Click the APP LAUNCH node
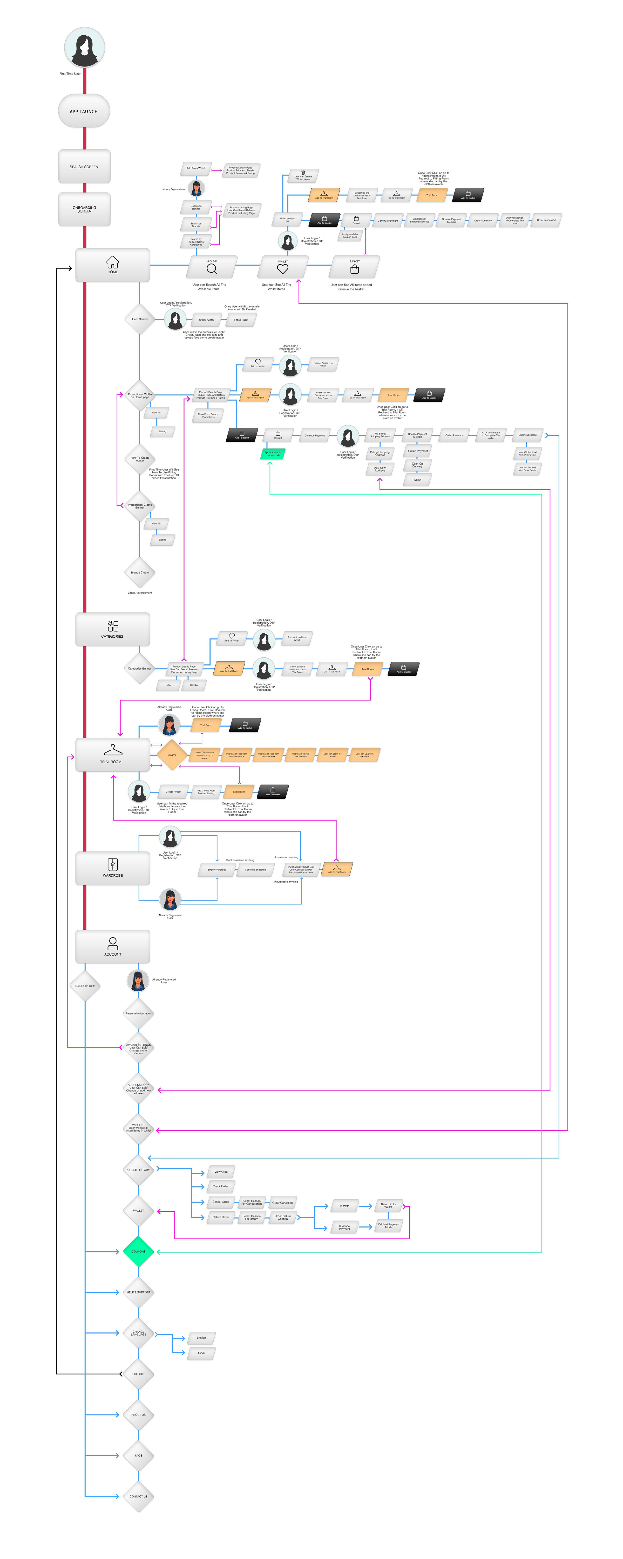coord(84,111)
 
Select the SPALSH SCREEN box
coord(84,167)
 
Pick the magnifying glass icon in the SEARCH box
coord(211,268)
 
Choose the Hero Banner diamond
coord(140,319)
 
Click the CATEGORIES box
coord(112,629)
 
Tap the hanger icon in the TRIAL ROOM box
coord(112,750)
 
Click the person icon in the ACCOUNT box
coord(112,943)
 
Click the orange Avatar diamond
coord(172,755)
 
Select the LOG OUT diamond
coord(139,1374)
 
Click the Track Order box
coord(221,1186)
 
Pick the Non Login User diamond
coord(85,986)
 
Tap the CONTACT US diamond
coord(139,1496)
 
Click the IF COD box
coord(344,1206)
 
